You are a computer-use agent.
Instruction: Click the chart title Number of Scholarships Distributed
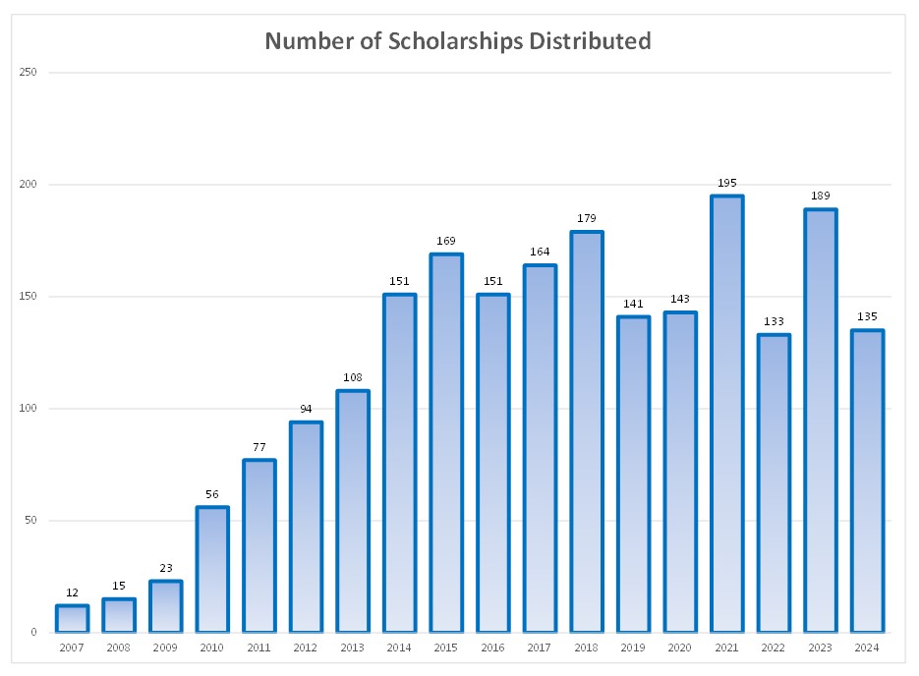click(458, 41)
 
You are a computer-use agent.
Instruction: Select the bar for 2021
click(726, 413)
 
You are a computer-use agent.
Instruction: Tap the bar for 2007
click(72, 618)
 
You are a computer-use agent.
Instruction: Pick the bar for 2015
click(446, 442)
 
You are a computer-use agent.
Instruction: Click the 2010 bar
click(212, 569)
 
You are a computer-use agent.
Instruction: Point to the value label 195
click(726, 183)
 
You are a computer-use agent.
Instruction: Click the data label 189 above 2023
click(820, 197)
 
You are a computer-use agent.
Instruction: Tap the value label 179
click(587, 218)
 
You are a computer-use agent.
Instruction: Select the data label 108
click(353, 377)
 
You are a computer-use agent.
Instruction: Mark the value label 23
click(165, 568)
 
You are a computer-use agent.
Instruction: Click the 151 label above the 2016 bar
click(493, 281)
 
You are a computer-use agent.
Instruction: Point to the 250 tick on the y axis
click(29, 73)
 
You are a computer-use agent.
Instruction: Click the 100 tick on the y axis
click(29, 409)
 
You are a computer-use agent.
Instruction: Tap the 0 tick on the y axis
click(33, 632)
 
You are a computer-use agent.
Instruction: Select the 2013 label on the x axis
click(353, 648)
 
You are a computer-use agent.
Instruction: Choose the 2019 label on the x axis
click(633, 648)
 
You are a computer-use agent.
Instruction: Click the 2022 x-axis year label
click(774, 648)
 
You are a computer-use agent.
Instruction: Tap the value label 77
click(259, 447)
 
